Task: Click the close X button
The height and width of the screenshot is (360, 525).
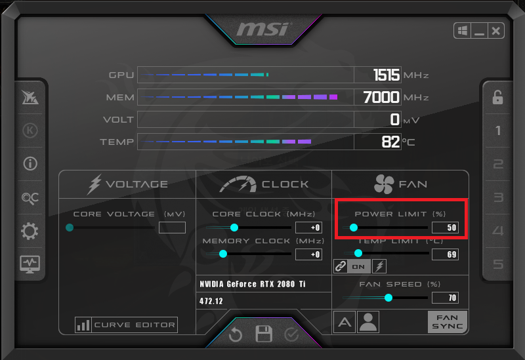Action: coord(496,31)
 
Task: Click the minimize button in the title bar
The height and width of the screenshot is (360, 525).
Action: coord(479,31)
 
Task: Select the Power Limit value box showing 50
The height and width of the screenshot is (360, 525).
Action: coord(445,228)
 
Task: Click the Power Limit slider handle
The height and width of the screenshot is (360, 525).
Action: coord(354,228)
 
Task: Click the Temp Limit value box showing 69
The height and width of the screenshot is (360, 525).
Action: coord(445,254)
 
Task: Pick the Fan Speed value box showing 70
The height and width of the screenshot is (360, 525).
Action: coord(445,298)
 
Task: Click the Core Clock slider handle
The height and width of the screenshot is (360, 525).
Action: coord(234,228)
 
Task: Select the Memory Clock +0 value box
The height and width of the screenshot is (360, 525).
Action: coord(308,254)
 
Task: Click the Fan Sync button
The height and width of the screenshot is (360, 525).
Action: coord(448,321)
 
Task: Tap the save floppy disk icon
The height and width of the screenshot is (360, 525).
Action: coord(264,334)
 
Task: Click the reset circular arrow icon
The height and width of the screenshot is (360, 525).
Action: coord(236,335)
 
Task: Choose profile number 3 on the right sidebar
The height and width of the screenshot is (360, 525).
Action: coord(498,198)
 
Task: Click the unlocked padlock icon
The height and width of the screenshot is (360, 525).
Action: coord(498,98)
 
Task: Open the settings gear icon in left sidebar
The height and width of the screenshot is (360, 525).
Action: coord(30,231)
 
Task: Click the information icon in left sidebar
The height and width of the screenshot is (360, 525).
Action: coord(30,164)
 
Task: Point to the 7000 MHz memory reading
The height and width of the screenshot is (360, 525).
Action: coord(381,98)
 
